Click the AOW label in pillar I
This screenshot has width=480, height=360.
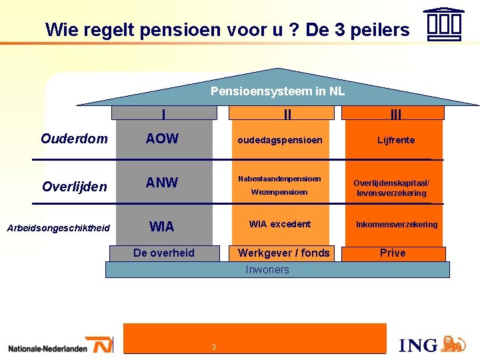163,139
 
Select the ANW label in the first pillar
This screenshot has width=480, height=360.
162,183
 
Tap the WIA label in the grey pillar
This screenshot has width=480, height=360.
162,227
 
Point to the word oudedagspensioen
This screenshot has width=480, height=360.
280,140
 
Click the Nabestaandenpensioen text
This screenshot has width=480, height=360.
279,179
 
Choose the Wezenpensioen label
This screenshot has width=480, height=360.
279,192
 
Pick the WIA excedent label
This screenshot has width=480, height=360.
279,224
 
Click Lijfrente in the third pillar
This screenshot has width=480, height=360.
396,140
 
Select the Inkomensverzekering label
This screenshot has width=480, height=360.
397,225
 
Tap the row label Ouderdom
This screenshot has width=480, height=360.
74,139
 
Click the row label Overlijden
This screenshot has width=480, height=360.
74,187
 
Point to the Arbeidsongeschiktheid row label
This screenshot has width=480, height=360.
58,228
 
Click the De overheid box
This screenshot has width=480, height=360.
164,253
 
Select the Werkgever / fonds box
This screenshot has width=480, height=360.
284,253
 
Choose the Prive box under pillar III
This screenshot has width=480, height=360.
393,253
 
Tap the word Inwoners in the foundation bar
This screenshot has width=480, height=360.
267,269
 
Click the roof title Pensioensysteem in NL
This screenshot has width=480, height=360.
277,91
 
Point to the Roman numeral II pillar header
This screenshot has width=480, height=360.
287,114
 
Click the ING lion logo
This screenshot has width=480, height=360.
453,343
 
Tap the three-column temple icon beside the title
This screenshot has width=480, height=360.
443,25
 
